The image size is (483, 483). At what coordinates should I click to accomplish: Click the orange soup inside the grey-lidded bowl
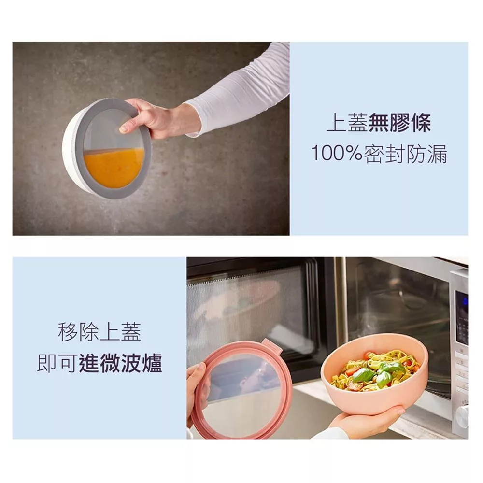click(114, 166)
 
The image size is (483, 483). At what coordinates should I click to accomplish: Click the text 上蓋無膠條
click(379, 123)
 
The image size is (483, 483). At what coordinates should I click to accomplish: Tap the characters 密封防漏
click(405, 153)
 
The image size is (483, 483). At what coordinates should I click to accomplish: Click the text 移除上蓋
click(99, 332)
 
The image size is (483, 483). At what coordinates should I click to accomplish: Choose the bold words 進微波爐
click(120, 363)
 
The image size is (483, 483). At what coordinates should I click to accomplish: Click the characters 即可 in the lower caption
click(57, 364)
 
